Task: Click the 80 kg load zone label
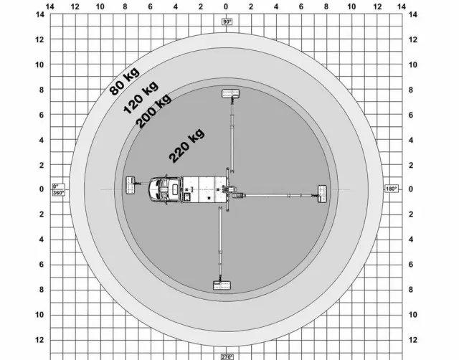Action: click(x=124, y=82)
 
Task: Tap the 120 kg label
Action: click(x=141, y=97)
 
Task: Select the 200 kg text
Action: click(x=153, y=111)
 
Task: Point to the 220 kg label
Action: click(x=186, y=146)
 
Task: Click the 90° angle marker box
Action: click(x=227, y=22)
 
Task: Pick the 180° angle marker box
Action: click(x=391, y=189)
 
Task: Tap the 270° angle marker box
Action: click(x=227, y=357)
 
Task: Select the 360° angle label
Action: click(x=59, y=193)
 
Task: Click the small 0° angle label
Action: click(x=56, y=186)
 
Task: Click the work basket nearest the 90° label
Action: click(x=231, y=94)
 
